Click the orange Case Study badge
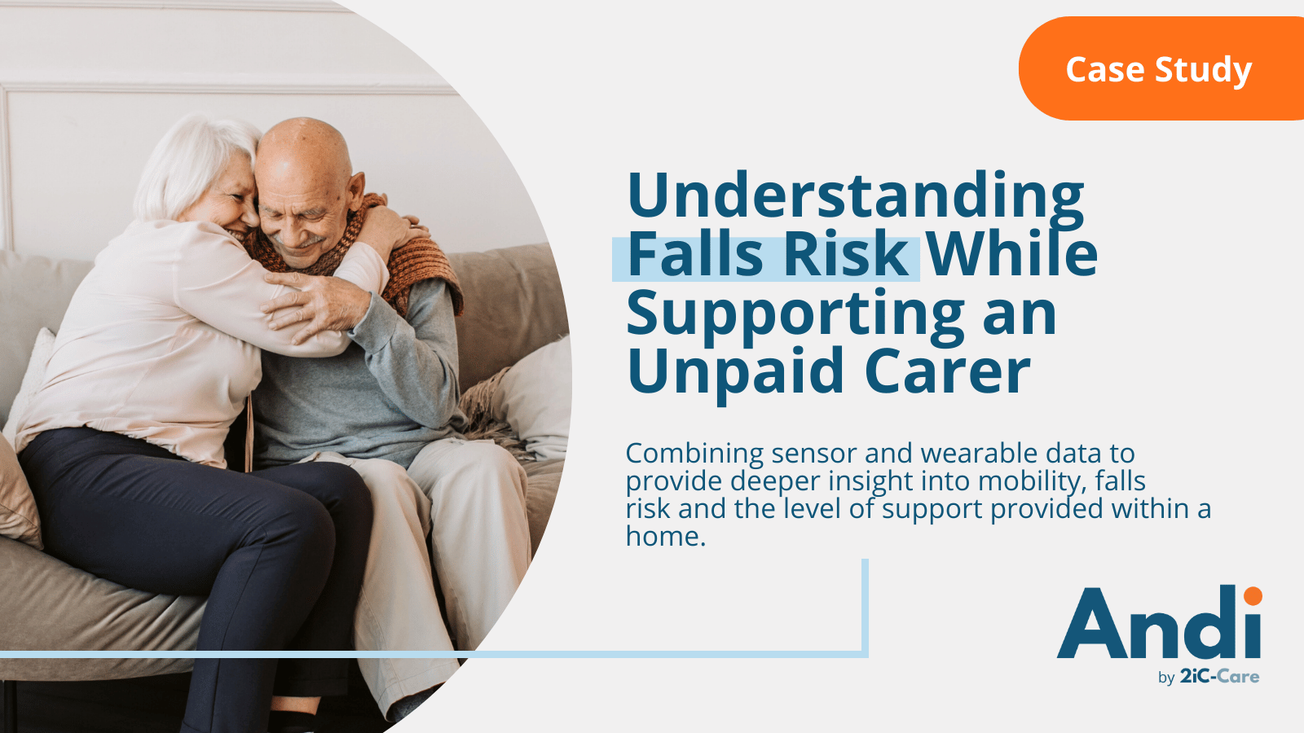1159,69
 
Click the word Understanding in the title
855,195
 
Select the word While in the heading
1012,254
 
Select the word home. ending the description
665,537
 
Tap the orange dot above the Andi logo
1253,596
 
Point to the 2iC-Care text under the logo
1219,677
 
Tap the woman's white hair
183,163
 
